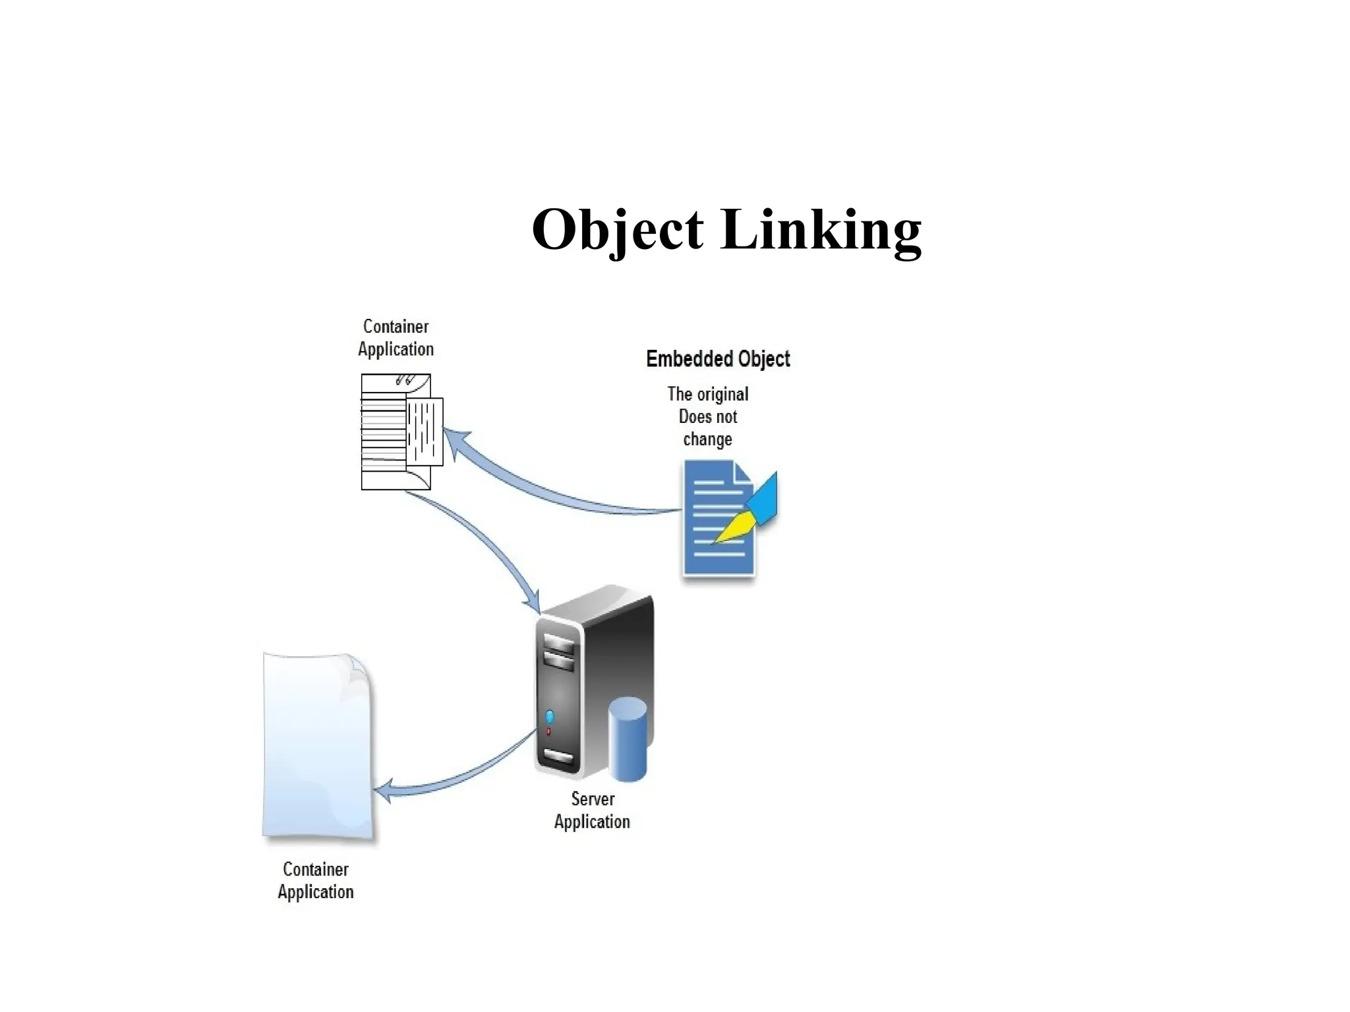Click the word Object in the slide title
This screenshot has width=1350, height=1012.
pyautogui.click(x=617, y=229)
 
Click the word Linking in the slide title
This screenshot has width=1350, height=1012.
pyautogui.click(x=821, y=229)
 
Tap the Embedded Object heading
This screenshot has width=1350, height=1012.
pyautogui.click(x=718, y=359)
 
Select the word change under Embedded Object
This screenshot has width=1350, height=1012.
pyautogui.click(x=707, y=439)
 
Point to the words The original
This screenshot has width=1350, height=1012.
pyautogui.click(x=708, y=394)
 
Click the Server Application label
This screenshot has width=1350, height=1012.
pyautogui.click(x=592, y=810)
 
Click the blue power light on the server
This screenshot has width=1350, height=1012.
pyautogui.click(x=550, y=716)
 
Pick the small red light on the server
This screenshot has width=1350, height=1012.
pyautogui.click(x=548, y=731)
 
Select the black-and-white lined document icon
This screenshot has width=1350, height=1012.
pyautogui.click(x=399, y=432)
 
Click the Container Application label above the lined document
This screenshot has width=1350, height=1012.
pyautogui.click(x=396, y=337)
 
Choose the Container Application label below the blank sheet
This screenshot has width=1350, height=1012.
pyautogui.click(x=316, y=880)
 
